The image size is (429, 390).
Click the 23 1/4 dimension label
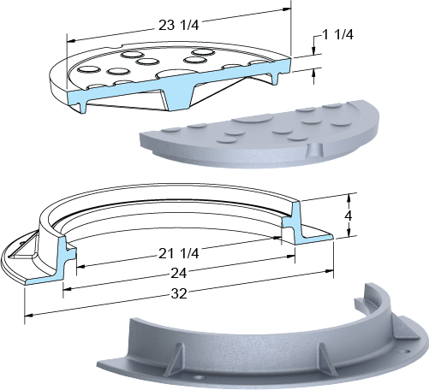tap(178, 26)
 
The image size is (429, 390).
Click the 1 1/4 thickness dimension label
tap(337, 35)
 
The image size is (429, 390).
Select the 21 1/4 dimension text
tap(178, 253)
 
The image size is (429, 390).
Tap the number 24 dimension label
tap(179, 274)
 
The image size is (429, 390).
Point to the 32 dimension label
tap(179, 293)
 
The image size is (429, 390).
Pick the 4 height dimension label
tap(349, 216)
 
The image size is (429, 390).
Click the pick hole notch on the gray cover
tap(314, 150)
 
